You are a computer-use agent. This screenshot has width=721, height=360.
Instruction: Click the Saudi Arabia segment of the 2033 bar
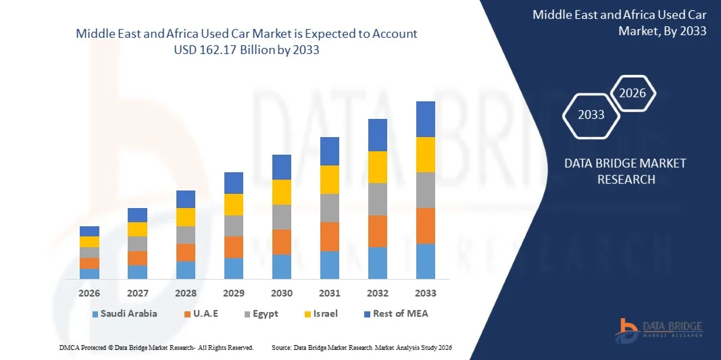tap(425, 261)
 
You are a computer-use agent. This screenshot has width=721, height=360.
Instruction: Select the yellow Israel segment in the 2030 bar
tap(282, 192)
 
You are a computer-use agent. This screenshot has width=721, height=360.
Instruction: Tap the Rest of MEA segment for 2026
tap(89, 231)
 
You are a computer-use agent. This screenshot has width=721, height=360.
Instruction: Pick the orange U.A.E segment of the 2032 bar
tap(377, 232)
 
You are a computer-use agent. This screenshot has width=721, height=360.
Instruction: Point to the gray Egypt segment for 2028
tap(186, 235)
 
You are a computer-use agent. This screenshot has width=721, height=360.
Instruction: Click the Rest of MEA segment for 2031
tap(329, 151)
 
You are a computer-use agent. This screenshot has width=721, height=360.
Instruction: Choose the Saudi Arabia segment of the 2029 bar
tap(234, 268)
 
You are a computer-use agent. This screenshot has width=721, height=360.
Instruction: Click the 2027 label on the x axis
tap(137, 294)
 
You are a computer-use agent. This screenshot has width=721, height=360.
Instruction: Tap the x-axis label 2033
tap(425, 294)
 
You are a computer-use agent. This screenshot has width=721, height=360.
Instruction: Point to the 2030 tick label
tap(282, 294)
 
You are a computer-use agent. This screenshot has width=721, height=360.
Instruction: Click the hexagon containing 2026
tap(633, 94)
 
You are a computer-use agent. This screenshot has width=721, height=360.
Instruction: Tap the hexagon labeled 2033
tap(591, 115)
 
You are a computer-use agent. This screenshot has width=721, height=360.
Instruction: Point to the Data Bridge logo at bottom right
tap(658, 329)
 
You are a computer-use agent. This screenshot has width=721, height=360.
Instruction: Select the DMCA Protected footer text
tap(155, 347)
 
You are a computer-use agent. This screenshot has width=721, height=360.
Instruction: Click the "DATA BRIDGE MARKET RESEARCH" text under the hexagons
tap(615, 172)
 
